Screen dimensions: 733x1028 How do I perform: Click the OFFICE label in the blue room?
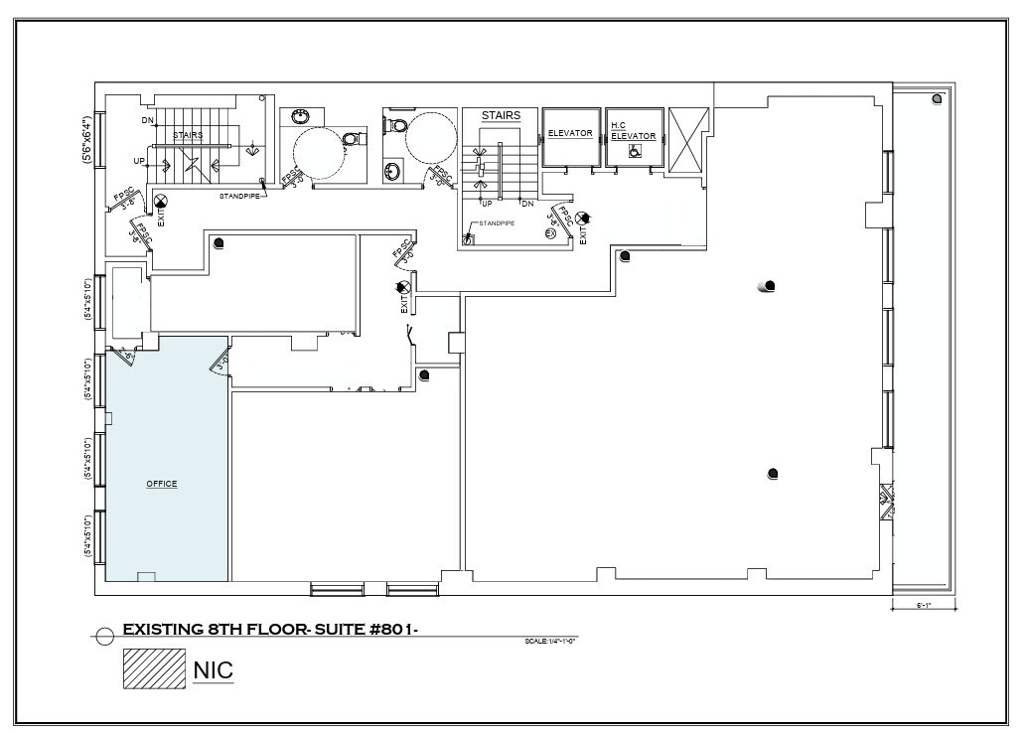coord(162,484)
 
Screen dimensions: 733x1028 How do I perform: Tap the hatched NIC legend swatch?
coord(154,668)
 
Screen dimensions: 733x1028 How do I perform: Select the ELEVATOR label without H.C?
coord(570,133)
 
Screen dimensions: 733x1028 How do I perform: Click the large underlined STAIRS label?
coord(501,115)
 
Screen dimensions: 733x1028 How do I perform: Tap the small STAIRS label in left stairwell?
coord(188,134)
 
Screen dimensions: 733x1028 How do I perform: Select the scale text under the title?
coord(550,641)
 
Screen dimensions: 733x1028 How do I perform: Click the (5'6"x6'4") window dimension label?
coord(86,139)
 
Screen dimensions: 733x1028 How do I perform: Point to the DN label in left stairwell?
coord(147,120)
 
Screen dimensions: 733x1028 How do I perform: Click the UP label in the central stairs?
coord(487,204)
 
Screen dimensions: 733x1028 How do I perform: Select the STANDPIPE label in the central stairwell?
coord(497,223)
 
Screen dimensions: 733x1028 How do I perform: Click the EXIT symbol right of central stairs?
coord(582,218)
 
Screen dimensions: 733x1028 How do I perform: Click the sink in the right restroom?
coord(392,172)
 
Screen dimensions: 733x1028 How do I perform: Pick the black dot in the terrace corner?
coord(937,100)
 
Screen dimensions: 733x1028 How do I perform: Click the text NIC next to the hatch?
coord(213,669)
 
